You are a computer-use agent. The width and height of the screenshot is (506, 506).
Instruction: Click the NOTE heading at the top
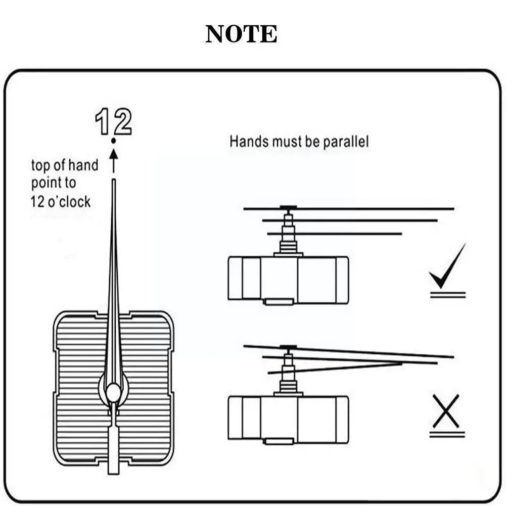(241, 34)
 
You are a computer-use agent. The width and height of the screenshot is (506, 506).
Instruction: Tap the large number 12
(114, 121)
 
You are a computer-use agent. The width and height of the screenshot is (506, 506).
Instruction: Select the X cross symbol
(446, 411)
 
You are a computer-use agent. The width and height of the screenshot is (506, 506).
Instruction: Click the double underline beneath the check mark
(447, 294)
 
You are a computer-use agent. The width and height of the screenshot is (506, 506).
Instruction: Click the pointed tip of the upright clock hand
(114, 182)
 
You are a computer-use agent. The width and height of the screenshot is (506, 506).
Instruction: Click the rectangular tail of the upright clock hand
(113, 450)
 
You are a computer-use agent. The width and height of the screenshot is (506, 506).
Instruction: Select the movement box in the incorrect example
(288, 419)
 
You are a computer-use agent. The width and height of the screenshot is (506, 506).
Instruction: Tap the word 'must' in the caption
(288, 142)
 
